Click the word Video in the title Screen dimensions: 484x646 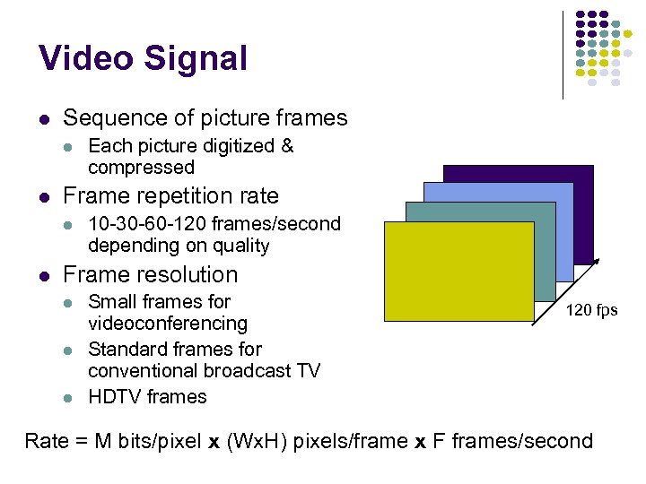point(86,58)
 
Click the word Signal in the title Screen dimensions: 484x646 point(195,58)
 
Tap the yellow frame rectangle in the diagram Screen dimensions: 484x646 point(458,271)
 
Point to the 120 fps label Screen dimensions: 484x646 point(591,310)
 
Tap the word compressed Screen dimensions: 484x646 point(141,168)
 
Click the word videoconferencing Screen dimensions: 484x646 point(168,323)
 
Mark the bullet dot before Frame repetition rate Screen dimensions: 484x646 point(42,196)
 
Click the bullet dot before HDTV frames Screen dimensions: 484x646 point(66,397)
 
